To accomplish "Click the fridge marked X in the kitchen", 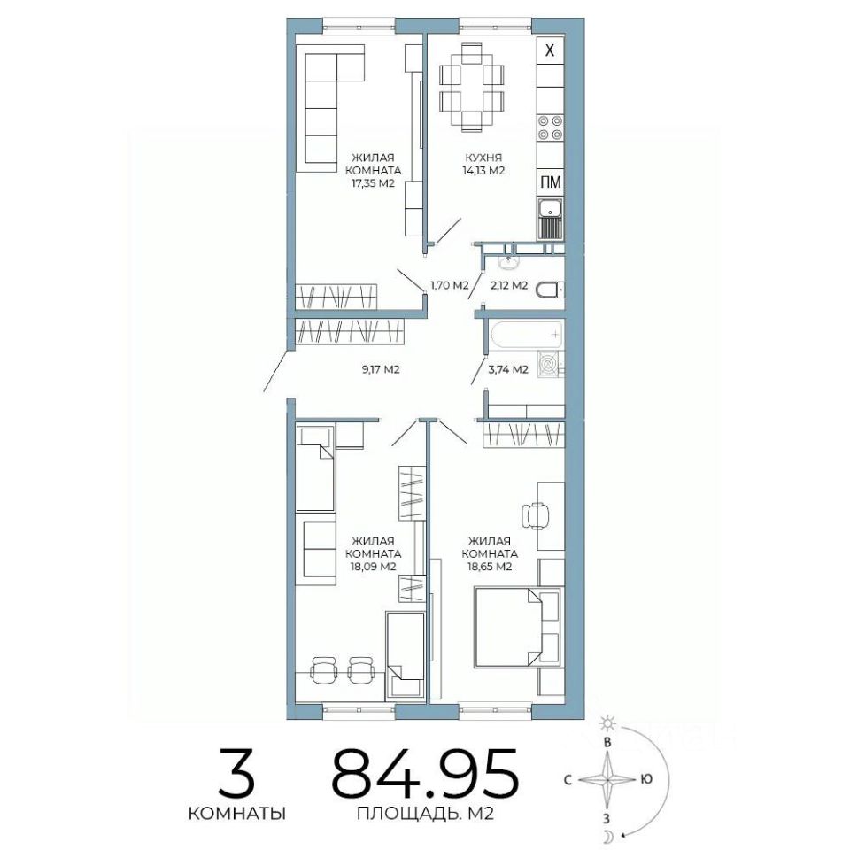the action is (x=550, y=51).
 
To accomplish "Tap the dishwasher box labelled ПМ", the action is (x=550, y=182).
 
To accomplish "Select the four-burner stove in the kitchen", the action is (x=550, y=128).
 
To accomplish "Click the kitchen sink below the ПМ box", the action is (x=550, y=219).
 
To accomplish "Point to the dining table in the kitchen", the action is (x=472, y=87).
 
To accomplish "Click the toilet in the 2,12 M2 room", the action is (x=550, y=290).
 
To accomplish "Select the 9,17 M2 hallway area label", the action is (x=381, y=370).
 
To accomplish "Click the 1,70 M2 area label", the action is (x=450, y=285).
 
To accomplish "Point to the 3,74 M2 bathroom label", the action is (x=508, y=370).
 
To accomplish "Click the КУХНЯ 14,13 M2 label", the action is (x=483, y=165).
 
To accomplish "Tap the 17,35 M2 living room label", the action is (x=372, y=171).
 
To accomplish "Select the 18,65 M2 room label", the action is (x=490, y=554).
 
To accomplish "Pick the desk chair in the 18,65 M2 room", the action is (x=535, y=515).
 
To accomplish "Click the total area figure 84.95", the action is (x=425, y=774).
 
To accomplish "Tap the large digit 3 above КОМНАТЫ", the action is (x=236, y=773).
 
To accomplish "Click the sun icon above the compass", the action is (x=607, y=722).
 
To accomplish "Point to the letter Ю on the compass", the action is (x=645, y=779).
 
